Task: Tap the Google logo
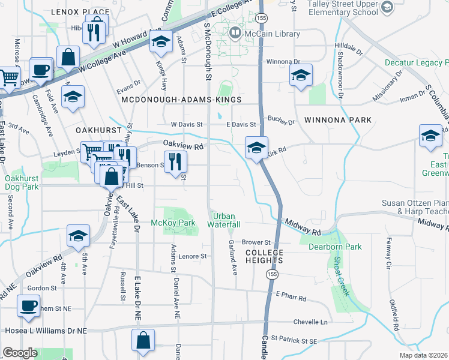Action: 20,352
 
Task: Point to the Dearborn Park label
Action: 335,246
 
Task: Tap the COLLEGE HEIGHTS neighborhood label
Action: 264,256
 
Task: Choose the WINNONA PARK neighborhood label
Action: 338,120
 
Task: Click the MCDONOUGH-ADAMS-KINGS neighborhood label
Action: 181,100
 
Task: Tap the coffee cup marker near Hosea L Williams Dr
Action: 28,306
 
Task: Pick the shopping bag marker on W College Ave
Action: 69,58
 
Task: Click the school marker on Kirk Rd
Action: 256,147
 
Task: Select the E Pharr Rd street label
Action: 291,297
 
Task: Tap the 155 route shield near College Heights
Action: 273,274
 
